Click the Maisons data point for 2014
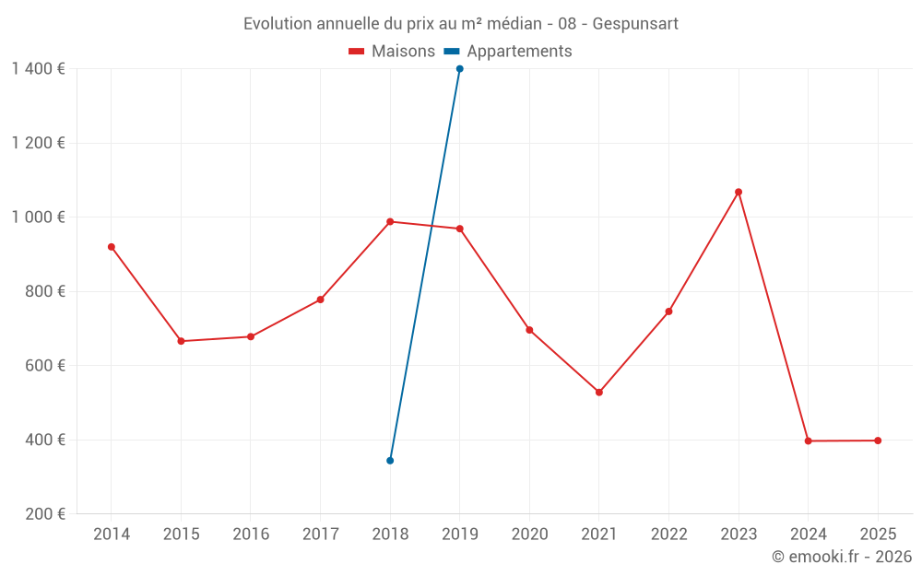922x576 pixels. click(x=112, y=247)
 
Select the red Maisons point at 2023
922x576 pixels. click(x=739, y=192)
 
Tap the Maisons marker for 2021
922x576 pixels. click(x=599, y=393)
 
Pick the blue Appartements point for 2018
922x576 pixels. click(x=390, y=461)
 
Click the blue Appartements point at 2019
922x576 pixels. click(x=460, y=69)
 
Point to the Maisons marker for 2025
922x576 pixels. click(x=878, y=441)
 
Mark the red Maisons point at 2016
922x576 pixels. click(x=251, y=336)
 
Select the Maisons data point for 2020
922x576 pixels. click(x=529, y=330)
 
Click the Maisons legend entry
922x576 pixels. click(x=392, y=52)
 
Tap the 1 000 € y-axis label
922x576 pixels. click(x=38, y=217)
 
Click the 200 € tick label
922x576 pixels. click(x=44, y=514)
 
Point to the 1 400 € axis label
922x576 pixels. click(x=38, y=69)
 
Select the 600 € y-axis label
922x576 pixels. click(x=44, y=366)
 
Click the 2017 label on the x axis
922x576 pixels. click(x=320, y=535)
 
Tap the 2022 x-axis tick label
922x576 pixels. click(x=668, y=535)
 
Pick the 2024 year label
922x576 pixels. click(x=808, y=535)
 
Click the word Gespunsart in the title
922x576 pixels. click(x=635, y=24)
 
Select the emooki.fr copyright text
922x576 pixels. click(x=841, y=557)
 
